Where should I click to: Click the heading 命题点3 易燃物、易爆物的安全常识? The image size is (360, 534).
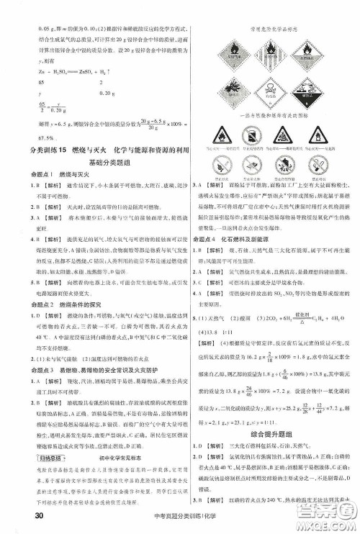pos(79,369)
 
